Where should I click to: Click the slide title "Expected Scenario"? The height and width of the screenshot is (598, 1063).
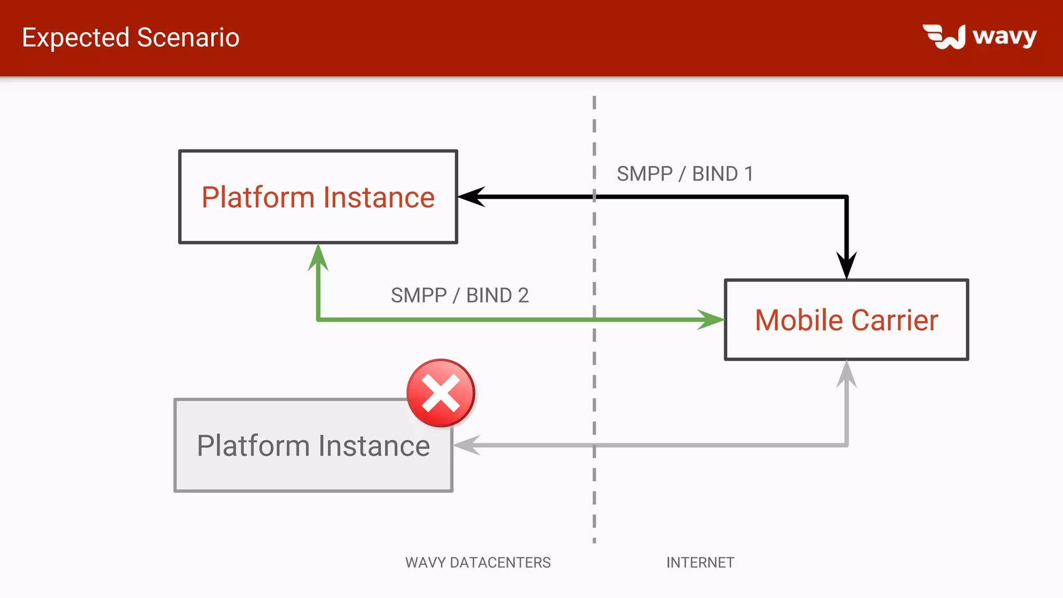[x=131, y=37]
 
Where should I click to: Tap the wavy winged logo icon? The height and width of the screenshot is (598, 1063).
[x=944, y=37]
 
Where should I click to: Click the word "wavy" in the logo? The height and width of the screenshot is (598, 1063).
[x=1004, y=36]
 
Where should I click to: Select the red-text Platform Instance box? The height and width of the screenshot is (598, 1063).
[x=318, y=197]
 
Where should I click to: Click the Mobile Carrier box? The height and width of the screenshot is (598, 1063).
[x=847, y=320]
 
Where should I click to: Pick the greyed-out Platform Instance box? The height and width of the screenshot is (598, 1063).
[x=313, y=445]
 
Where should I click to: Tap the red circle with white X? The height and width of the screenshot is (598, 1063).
[x=441, y=393]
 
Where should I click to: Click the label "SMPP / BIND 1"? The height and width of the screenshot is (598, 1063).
[x=685, y=174]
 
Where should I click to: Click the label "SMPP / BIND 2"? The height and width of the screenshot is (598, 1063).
[x=459, y=295]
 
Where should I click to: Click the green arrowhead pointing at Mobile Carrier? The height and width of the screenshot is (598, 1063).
[x=711, y=320]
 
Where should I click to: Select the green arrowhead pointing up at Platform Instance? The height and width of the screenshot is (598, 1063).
[x=318, y=256]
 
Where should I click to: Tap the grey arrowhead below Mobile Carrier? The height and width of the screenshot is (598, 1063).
[x=847, y=374]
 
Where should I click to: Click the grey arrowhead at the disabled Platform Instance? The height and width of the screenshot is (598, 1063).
[x=466, y=445]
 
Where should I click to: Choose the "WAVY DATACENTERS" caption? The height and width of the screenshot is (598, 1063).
[x=478, y=563]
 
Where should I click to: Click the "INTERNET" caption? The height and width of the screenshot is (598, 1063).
[x=700, y=563]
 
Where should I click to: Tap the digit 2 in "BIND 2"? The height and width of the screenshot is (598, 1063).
[x=523, y=295]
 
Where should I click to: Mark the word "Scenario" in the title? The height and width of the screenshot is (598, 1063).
[x=188, y=37]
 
